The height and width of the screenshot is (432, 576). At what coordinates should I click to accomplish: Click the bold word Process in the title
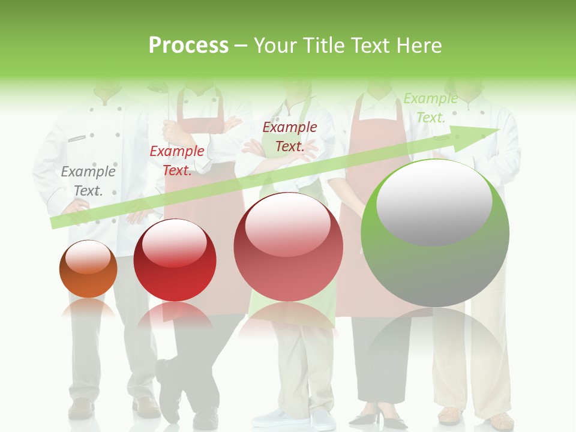point(188,45)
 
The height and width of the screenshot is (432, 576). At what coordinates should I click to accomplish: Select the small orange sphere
point(88,269)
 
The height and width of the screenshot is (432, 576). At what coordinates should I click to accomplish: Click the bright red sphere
point(175,260)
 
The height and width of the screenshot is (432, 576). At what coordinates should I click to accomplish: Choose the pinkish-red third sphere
point(288,247)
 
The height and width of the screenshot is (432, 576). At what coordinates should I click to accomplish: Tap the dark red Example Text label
point(290,136)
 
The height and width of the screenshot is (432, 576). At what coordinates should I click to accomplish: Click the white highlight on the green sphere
point(434,203)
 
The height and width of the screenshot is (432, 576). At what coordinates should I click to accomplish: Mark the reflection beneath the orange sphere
point(88,308)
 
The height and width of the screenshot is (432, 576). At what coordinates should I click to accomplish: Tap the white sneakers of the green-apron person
point(294,418)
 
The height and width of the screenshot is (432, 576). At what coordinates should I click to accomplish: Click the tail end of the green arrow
point(54,223)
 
